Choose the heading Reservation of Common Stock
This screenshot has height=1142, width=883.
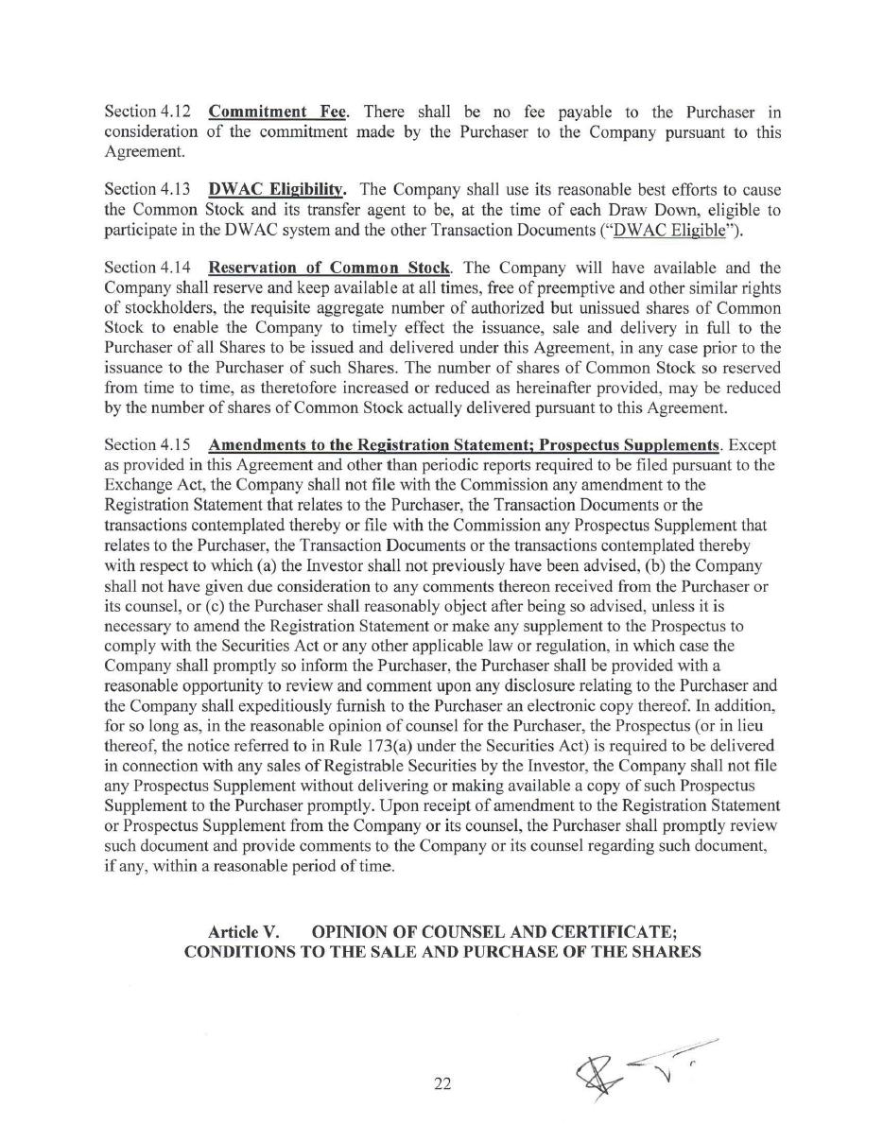(x=329, y=268)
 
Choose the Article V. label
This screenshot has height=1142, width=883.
(x=243, y=931)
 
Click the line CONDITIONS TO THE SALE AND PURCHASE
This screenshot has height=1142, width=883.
(x=442, y=952)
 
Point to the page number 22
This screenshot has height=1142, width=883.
(x=442, y=1084)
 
